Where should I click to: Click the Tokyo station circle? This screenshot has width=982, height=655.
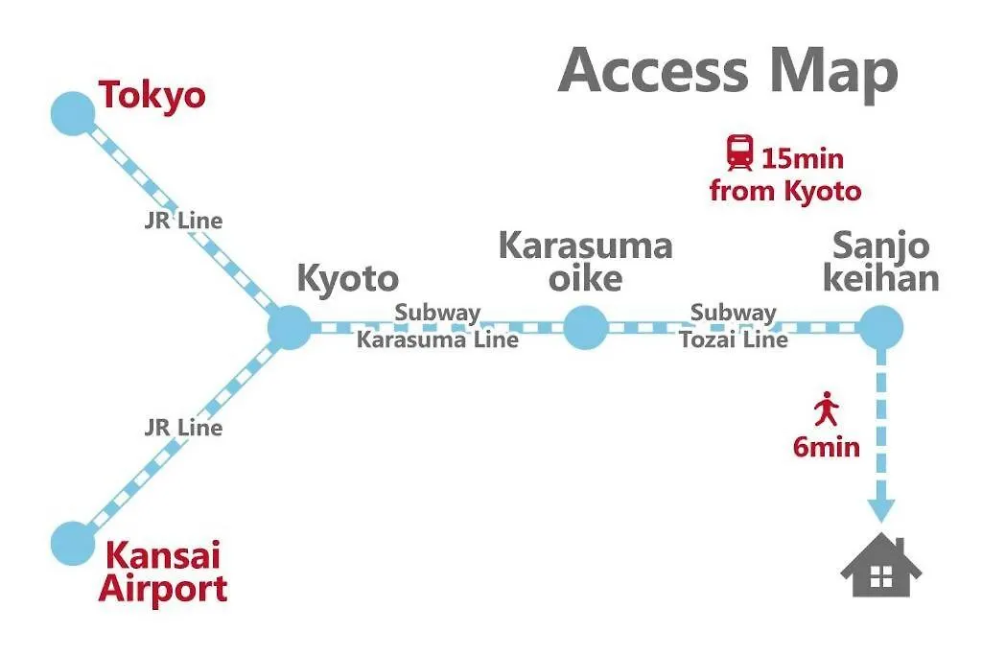(x=73, y=113)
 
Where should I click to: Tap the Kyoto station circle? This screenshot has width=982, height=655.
(x=289, y=328)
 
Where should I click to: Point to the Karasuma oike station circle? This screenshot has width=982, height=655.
(x=585, y=328)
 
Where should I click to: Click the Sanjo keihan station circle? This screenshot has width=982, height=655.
(x=880, y=328)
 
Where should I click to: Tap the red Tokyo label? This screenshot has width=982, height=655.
(x=152, y=96)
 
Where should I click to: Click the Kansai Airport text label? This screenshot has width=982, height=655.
(x=162, y=572)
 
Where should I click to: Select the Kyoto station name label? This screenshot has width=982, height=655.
(x=347, y=278)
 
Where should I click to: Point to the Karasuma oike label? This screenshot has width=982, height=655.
(x=585, y=262)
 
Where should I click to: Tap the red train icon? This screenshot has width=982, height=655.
(x=739, y=152)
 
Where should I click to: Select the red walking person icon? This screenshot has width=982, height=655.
(x=826, y=410)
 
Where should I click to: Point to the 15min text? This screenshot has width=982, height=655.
(x=802, y=156)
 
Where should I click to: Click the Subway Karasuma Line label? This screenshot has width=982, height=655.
(x=437, y=326)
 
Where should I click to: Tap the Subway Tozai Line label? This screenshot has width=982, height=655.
(x=734, y=326)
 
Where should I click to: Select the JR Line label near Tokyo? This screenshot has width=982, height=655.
(x=183, y=221)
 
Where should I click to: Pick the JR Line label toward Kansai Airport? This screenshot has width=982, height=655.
(x=183, y=428)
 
